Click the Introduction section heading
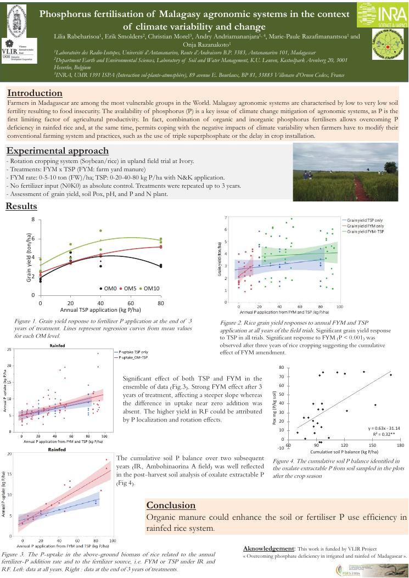coord(35,93)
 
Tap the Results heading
coord(21,206)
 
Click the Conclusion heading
coord(170,504)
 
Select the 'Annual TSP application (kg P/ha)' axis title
coord(94,310)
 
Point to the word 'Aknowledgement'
coord(268,548)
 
